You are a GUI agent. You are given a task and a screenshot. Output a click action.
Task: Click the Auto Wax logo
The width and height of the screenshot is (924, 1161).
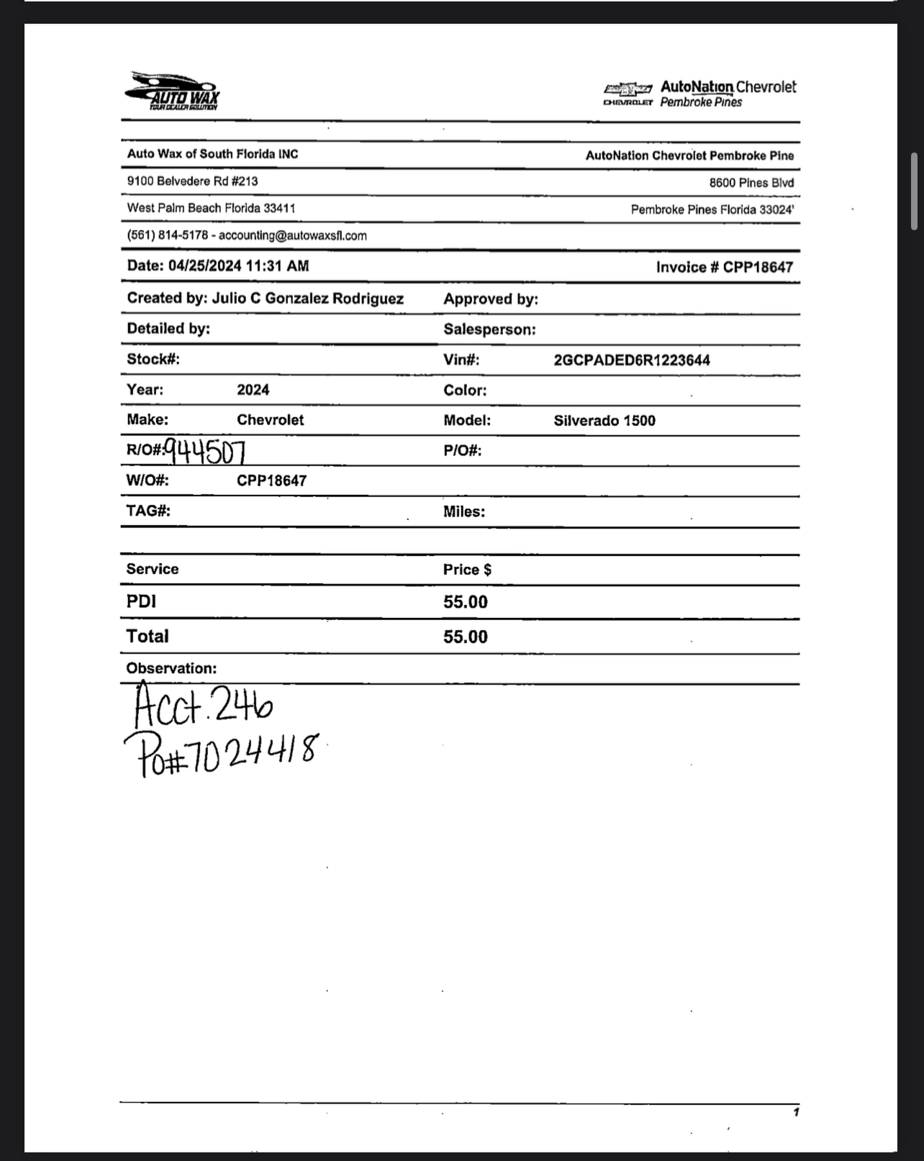[x=173, y=91]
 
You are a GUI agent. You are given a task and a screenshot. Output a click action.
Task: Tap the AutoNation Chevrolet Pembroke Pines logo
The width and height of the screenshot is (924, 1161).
[x=699, y=94]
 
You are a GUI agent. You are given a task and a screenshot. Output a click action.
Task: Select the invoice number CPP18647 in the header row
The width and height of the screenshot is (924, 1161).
[x=758, y=268]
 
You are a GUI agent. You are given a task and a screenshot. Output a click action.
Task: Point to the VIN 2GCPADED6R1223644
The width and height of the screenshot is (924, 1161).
[x=631, y=360]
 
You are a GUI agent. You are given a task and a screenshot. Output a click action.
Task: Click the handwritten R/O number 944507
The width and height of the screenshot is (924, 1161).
[x=205, y=451]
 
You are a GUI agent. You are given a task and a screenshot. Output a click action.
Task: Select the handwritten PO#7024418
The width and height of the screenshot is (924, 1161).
[x=219, y=753]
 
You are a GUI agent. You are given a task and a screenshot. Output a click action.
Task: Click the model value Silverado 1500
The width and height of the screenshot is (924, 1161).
[x=604, y=421]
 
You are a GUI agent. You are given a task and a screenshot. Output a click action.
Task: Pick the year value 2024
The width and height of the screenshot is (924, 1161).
[x=253, y=390]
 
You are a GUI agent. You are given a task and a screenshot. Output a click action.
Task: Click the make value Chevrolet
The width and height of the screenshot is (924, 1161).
[x=270, y=420]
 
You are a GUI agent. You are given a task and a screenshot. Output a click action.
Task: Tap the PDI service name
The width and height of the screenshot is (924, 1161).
[x=141, y=601]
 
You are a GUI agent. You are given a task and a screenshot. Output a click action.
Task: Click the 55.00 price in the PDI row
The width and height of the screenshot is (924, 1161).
[x=465, y=602]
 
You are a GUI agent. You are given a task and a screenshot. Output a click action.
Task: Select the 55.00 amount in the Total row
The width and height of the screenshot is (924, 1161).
[x=465, y=637]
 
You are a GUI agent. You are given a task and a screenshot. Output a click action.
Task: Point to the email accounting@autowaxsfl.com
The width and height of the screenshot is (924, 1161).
[x=292, y=236]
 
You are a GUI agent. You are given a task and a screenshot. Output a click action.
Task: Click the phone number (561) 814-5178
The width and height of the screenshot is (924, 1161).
[x=167, y=236]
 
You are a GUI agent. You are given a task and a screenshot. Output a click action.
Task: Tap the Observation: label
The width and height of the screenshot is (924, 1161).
[x=171, y=668]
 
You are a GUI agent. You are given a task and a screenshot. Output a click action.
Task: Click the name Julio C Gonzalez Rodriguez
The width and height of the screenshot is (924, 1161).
[x=307, y=299]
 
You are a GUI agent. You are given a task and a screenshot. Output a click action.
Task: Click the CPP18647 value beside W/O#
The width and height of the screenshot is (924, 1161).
[x=271, y=481]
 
